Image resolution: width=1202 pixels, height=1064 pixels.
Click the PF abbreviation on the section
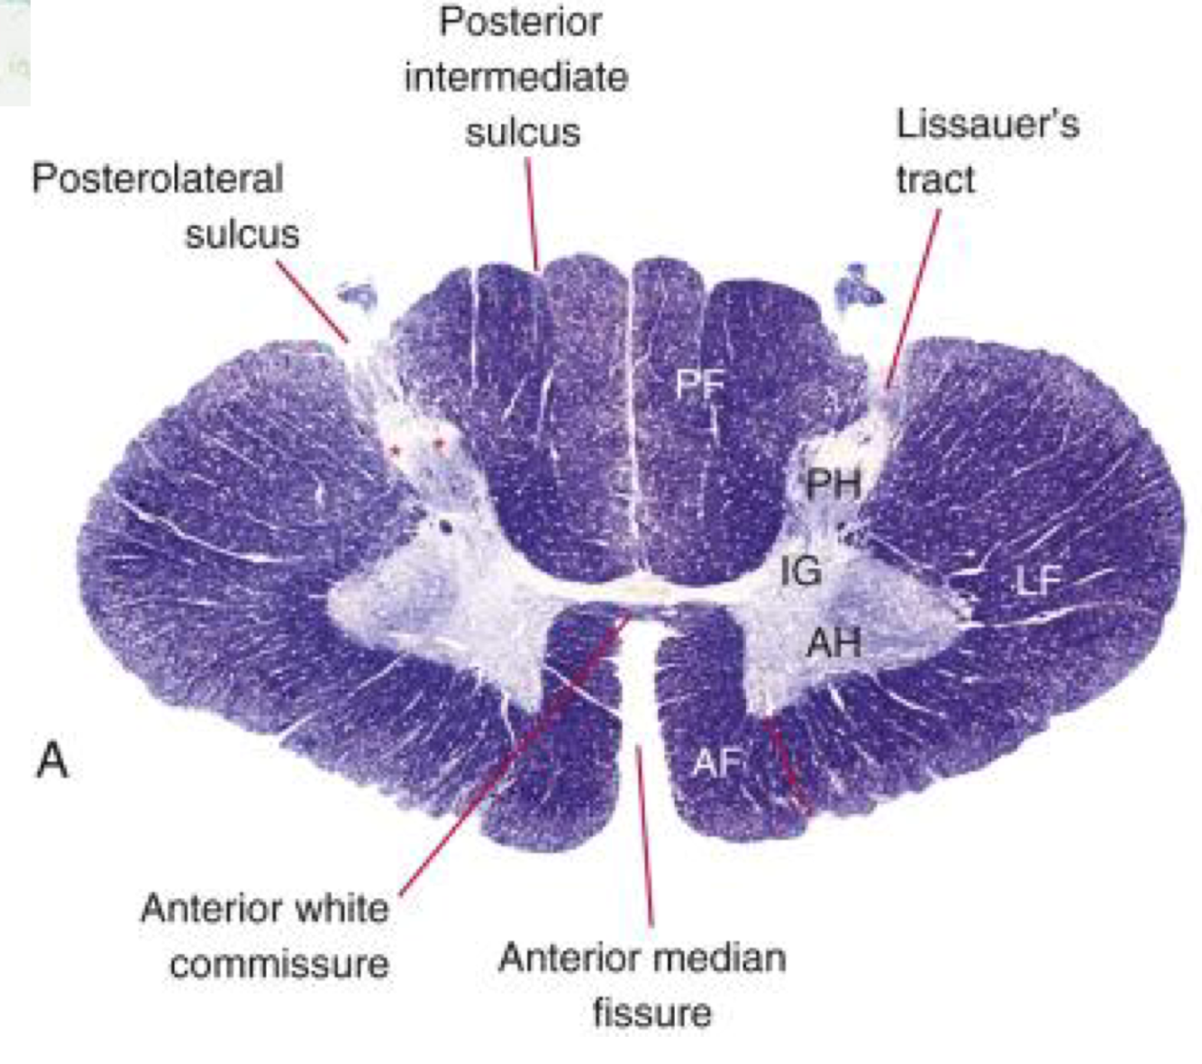tap(700, 385)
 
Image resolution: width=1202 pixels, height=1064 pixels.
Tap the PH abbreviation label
tap(833, 485)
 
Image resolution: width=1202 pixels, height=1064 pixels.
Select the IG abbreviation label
tap(800, 570)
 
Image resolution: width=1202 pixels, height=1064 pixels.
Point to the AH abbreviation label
tap(833, 642)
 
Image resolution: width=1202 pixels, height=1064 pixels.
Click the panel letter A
tap(52, 761)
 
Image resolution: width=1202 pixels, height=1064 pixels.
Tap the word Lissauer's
tap(988, 124)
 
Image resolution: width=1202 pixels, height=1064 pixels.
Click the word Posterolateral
tap(158, 178)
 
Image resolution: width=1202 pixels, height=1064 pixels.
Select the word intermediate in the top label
tap(515, 77)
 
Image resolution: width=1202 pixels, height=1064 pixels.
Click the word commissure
tap(279, 965)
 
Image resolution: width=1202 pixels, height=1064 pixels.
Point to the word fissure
tap(651, 1013)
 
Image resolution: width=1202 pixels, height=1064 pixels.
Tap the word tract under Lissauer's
tap(934, 179)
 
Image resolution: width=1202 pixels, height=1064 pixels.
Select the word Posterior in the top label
tap(520, 22)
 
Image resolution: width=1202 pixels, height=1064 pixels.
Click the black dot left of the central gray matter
tap(444, 526)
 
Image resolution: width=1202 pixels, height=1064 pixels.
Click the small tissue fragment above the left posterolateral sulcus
tap(358, 293)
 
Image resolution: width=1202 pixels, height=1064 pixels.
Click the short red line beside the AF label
tap(786, 766)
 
